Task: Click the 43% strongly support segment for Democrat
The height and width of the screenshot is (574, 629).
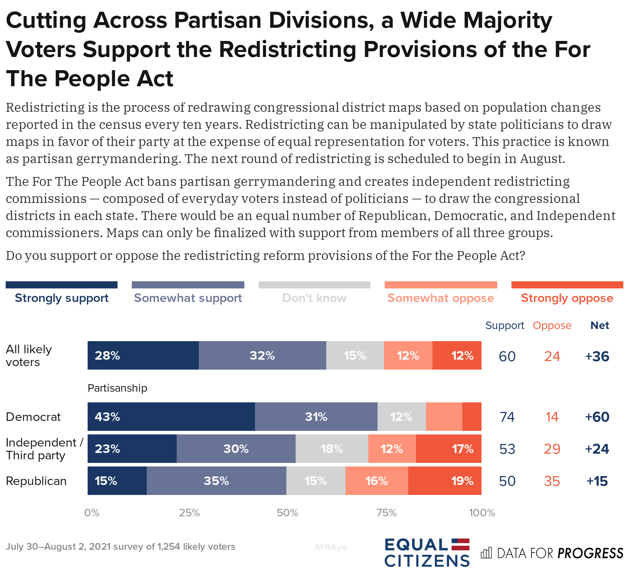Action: (171, 417)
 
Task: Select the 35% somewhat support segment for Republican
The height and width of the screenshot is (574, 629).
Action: (216, 481)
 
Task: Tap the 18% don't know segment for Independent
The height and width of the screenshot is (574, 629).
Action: (332, 449)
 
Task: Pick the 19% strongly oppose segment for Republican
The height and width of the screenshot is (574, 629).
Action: (445, 481)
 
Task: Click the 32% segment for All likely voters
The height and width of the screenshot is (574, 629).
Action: (262, 355)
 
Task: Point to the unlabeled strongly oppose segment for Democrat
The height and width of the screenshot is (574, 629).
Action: (472, 417)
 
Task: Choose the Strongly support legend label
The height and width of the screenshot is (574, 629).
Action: (62, 298)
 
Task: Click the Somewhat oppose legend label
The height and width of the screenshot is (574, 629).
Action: (441, 298)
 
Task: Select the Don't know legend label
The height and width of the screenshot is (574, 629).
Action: (314, 298)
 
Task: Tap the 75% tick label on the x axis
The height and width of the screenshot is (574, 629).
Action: (386, 513)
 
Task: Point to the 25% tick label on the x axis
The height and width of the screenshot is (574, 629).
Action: (189, 513)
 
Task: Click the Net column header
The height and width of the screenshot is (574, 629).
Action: (600, 325)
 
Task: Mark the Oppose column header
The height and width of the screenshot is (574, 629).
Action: (552, 325)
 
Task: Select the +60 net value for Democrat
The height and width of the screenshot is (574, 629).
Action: (597, 417)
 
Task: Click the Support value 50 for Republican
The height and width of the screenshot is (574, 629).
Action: (507, 481)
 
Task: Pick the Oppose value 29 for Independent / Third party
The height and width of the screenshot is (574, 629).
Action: (552, 449)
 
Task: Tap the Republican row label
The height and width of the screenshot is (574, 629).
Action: (36, 481)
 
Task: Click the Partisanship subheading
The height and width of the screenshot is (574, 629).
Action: (118, 388)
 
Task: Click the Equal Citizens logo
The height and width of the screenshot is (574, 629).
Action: (427, 553)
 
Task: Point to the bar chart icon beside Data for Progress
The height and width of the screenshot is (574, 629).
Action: (486, 553)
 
